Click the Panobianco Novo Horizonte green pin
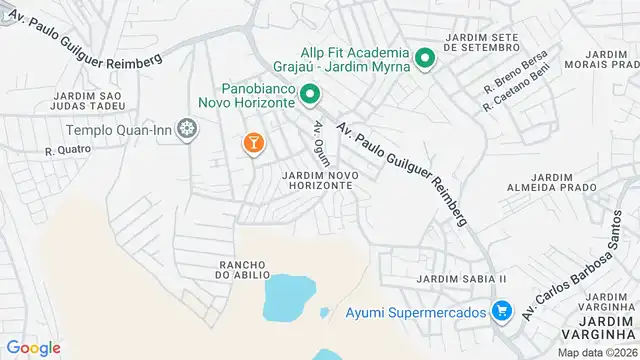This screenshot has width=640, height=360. (x=310, y=96)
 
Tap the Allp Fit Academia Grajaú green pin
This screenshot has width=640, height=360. (x=424, y=59)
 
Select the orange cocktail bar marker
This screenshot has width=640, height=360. (x=254, y=143)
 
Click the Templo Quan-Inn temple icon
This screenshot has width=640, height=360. (x=186, y=129)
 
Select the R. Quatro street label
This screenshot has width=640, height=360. (x=67, y=150)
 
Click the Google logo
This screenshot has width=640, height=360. (x=32, y=347)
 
